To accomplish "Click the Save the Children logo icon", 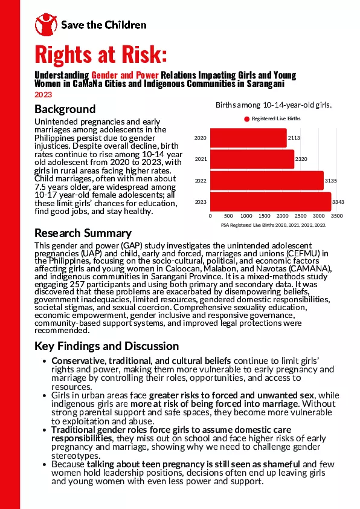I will pos(46,25).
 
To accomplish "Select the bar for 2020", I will pos(248,138).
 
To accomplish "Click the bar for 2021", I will pos(252,159).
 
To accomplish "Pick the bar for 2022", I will pos(266,180).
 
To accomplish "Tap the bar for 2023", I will pos(270,201).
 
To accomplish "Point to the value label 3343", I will pos(338,201).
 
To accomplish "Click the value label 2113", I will pos(294,138).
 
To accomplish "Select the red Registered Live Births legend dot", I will pos(246,118).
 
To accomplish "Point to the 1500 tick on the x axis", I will pos(264,216).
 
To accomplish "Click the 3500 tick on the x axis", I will pos(337,216).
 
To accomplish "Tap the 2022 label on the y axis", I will pos(201,180).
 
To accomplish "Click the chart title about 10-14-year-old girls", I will pos(274,105).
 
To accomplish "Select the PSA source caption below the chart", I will pos(274,224).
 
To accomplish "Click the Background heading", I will pos(65,109).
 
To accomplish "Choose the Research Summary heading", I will pos(83,233).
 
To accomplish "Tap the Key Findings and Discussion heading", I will pos(106,346).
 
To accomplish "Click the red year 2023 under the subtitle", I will pos(43,95).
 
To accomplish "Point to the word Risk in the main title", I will pos(140,54).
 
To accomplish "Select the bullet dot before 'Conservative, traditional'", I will pos(47,361).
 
